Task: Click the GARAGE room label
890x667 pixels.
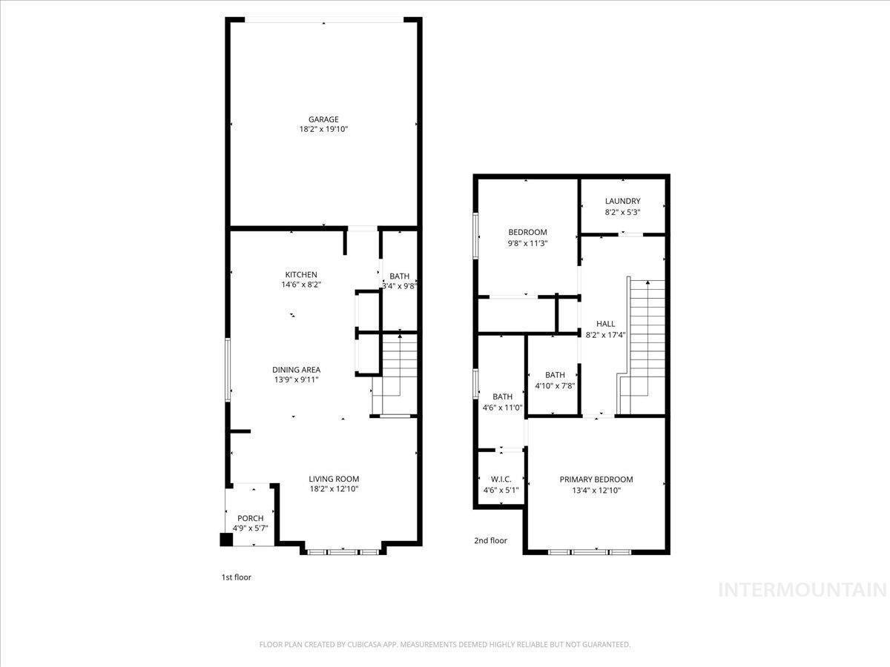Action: pyautogui.click(x=323, y=119)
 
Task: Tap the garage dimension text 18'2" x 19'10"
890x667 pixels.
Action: pyautogui.click(x=323, y=130)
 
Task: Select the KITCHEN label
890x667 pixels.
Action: pyautogui.click(x=301, y=275)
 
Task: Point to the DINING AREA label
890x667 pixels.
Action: pyautogui.click(x=296, y=370)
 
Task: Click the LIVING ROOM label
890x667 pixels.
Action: pyautogui.click(x=334, y=479)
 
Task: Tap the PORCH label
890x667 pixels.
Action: pyautogui.click(x=250, y=518)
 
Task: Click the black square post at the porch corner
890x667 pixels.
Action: pyautogui.click(x=226, y=540)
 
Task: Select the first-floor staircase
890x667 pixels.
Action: pyautogui.click(x=398, y=374)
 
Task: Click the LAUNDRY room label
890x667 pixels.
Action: pyautogui.click(x=622, y=202)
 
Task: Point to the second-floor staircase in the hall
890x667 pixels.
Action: pyautogui.click(x=645, y=345)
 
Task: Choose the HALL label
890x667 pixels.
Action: pyautogui.click(x=606, y=324)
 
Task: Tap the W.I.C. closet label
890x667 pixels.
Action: pyautogui.click(x=501, y=479)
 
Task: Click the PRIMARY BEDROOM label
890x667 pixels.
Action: pyautogui.click(x=596, y=479)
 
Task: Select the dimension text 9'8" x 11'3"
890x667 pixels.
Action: pyautogui.click(x=527, y=242)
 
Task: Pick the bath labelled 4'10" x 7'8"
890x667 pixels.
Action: pyautogui.click(x=555, y=380)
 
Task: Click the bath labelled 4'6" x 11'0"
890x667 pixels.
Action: pyautogui.click(x=503, y=402)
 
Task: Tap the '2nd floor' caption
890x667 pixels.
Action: pyautogui.click(x=490, y=541)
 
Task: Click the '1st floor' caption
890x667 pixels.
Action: pyautogui.click(x=236, y=577)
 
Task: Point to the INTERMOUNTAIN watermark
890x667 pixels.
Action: pyautogui.click(x=803, y=590)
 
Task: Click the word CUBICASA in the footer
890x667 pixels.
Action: pyautogui.click(x=366, y=645)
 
